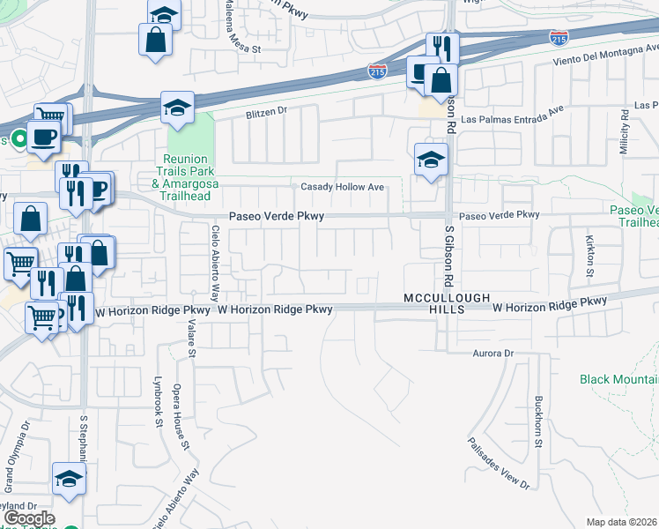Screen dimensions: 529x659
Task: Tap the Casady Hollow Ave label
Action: click(343, 187)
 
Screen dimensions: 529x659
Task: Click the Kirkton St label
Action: click(589, 255)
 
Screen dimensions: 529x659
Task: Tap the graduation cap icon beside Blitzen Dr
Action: click(177, 107)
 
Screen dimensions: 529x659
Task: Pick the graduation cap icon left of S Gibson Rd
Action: click(432, 160)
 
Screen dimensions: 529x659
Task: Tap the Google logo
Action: click(29, 518)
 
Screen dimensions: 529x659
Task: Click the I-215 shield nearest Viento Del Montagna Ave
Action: click(558, 37)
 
